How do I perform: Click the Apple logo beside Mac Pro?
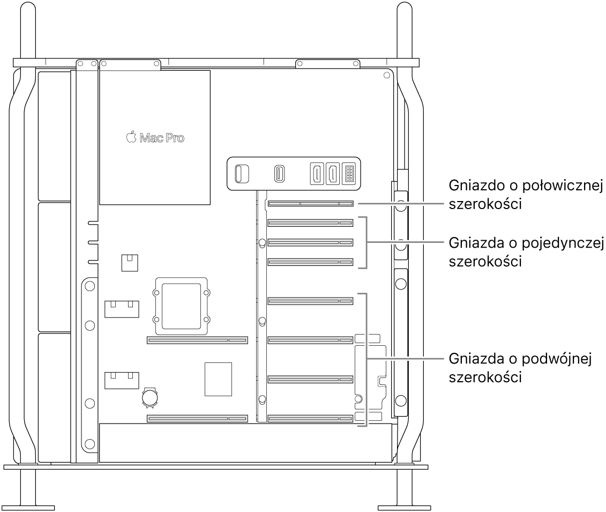(x=131, y=137)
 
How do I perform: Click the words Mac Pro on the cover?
(x=162, y=138)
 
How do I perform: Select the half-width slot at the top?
(x=310, y=203)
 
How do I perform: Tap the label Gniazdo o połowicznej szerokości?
(x=526, y=195)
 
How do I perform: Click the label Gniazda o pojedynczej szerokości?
(x=526, y=252)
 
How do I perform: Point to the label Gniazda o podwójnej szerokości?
(x=520, y=367)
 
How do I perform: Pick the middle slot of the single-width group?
(x=310, y=243)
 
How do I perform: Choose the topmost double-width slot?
(x=310, y=301)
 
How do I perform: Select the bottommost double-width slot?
(x=310, y=418)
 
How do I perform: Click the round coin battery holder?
(x=150, y=397)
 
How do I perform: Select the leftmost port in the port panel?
(x=242, y=174)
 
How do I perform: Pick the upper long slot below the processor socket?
(x=197, y=340)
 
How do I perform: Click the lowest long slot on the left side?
(x=197, y=418)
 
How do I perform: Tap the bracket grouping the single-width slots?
(x=365, y=242)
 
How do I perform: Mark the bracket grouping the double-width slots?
(x=365, y=359)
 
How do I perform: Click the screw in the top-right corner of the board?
(x=387, y=76)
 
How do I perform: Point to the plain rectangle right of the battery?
(x=219, y=380)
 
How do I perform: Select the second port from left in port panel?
(x=280, y=174)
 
